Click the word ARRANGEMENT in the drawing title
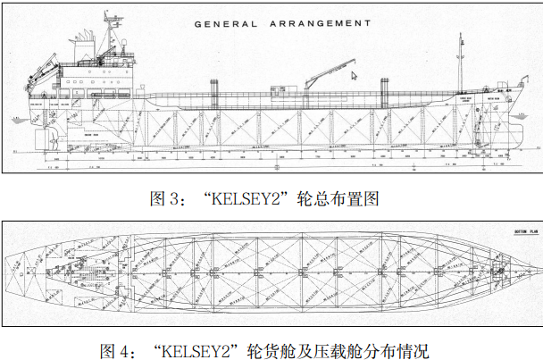[313, 22]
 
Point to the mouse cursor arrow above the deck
[354, 77]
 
